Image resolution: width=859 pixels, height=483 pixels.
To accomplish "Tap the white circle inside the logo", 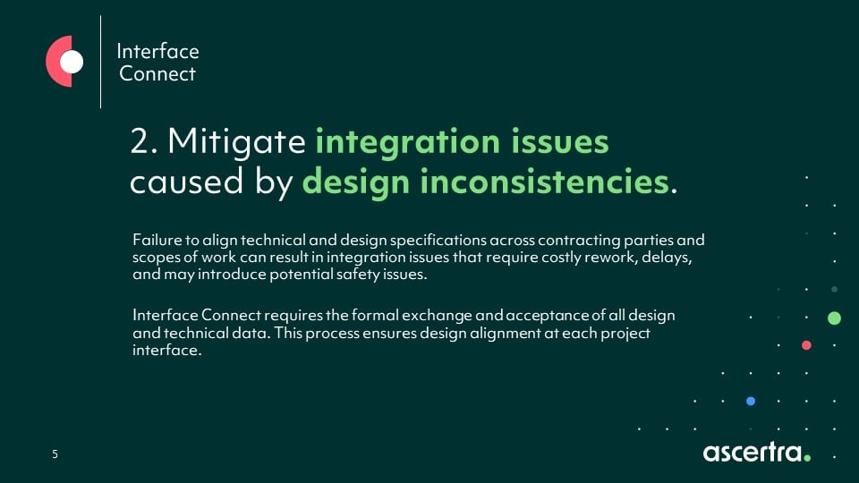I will [72, 62].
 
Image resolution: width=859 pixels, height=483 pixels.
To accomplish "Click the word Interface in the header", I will [157, 51].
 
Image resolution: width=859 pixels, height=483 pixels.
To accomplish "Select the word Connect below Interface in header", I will [157, 73].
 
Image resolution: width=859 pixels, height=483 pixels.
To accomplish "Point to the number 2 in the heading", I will [140, 142].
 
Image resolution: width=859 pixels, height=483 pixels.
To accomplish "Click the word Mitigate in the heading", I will [237, 142].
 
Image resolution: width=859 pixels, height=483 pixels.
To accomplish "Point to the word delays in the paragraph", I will [662, 258].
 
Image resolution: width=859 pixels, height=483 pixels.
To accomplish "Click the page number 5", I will [55, 454].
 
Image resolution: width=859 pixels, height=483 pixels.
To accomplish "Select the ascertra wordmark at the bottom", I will [756, 452].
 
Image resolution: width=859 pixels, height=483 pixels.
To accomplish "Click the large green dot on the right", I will [834, 318].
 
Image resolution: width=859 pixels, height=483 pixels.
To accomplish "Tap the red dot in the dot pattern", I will [806, 345].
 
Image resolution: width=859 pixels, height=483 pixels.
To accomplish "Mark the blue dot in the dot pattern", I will [751, 401].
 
